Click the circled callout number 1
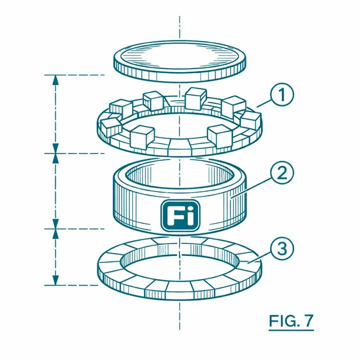(x=282, y=94)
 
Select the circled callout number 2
(x=282, y=173)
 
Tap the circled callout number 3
(x=282, y=249)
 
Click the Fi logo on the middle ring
(x=180, y=215)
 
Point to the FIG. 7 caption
(x=291, y=321)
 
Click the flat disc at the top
(x=180, y=61)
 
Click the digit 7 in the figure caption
(x=308, y=321)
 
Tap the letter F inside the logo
(x=174, y=215)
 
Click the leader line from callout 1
(x=264, y=103)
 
